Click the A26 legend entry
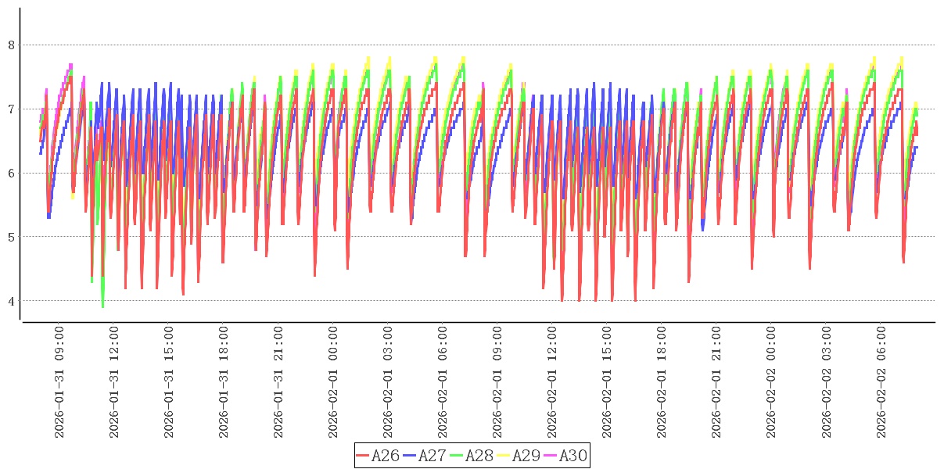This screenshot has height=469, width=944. click(x=378, y=456)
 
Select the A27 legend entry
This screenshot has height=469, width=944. click(x=425, y=456)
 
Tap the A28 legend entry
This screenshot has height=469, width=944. click(x=472, y=456)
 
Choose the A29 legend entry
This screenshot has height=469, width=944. click(x=519, y=456)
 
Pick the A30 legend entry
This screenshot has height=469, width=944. click(x=565, y=456)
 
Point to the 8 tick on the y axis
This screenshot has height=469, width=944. click(x=11, y=45)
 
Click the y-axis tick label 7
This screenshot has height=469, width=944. click(x=11, y=109)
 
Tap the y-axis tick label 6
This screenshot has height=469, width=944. click(x=11, y=174)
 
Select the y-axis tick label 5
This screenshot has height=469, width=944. click(x=11, y=237)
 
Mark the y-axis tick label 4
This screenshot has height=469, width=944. click(x=11, y=301)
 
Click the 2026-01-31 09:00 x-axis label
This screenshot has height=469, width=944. click(x=60, y=382)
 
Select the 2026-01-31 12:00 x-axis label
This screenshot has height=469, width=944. click(x=115, y=382)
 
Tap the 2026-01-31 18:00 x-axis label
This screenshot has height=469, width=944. click(x=224, y=382)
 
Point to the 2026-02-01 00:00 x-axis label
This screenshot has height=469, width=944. click(x=334, y=382)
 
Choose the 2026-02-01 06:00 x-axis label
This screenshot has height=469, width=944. click(x=443, y=382)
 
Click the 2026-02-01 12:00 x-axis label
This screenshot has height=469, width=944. click(x=553, y=382)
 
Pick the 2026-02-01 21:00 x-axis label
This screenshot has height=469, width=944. click(x=717, y=382)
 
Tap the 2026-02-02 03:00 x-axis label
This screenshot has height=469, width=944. click(x=827, y=382)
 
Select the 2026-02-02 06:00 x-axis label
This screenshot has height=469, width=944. click(x=881, y=382)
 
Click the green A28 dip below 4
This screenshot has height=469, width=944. click(x=102, y=306)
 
